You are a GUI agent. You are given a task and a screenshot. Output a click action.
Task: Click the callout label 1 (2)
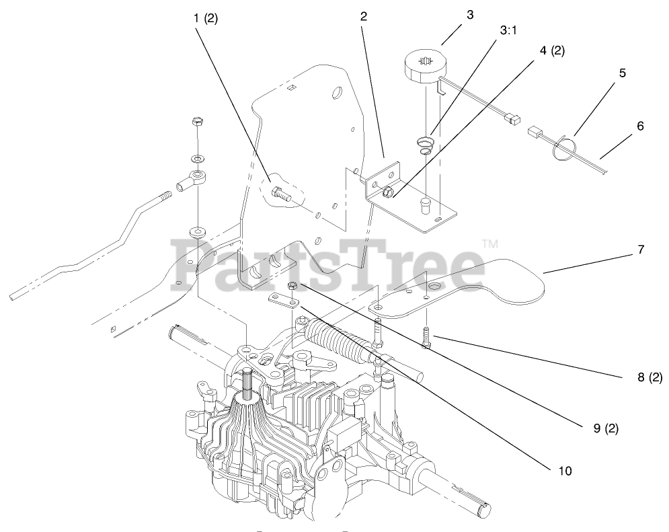point(205,18)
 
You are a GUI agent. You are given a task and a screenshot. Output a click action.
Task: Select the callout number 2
point(363,17)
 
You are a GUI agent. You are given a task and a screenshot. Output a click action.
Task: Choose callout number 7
point(641,250)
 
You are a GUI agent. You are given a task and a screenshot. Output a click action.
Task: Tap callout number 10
point(565,471)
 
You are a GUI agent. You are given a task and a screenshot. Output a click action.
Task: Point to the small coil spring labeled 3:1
point(424,145)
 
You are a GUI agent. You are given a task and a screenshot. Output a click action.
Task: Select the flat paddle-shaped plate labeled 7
point(471,286)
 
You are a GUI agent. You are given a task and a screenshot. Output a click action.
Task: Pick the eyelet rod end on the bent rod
point(193,180)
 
